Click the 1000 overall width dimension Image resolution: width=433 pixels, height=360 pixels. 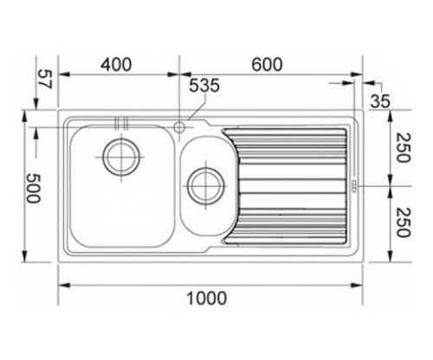pyautogui.click(x=207, y=299)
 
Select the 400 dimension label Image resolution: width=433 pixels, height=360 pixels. pyautogui.click(x=116, y=65)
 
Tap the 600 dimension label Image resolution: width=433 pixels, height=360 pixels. pyautogui.click(x=267, y=65)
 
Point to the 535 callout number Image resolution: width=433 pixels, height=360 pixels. pyautogui.click(x=204, y=86)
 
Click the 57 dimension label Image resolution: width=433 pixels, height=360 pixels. pyautogui.click(x=45, y=79)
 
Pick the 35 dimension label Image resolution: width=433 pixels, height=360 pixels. pyautogui.click(x=380, y=101)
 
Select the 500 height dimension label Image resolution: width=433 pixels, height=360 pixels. pyautogui.click(x=33, y=189)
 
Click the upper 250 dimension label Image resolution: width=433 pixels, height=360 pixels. pyautogui.click(x=403, y=147)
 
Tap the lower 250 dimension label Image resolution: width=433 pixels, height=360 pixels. pyautogui.click(x=403, y=222)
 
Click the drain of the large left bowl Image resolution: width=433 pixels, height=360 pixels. pyautogui.click(x=121, y=157)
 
